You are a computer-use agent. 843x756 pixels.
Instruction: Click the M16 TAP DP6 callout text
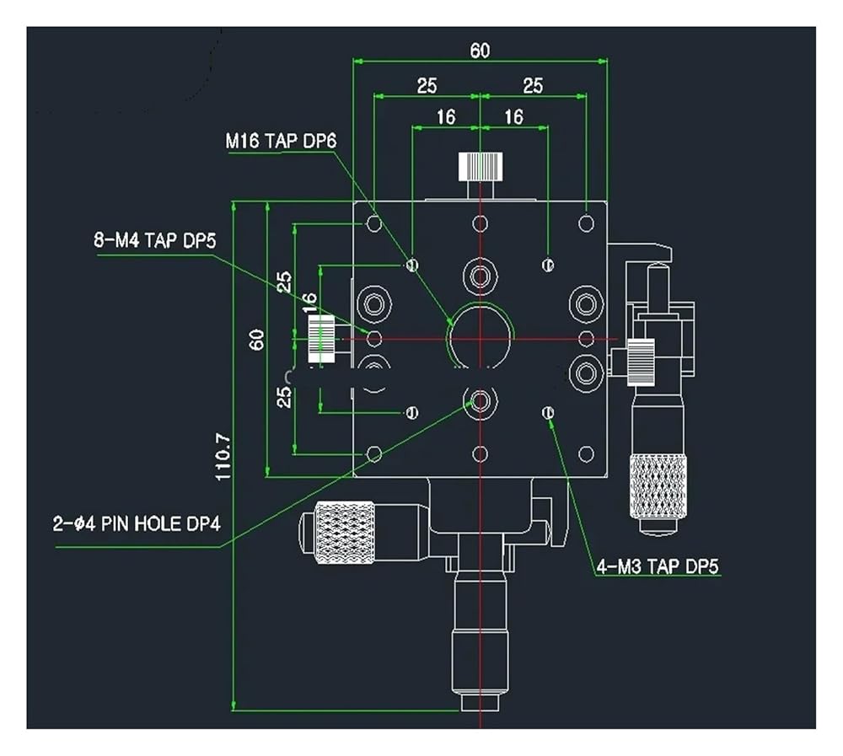[281, 142]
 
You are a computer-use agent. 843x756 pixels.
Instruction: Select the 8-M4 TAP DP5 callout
[155, 240]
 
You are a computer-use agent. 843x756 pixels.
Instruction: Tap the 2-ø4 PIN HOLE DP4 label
[137, 523]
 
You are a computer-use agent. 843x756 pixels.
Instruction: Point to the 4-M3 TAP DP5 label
[658, 566]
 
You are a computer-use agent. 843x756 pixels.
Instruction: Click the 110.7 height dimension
[223, 457]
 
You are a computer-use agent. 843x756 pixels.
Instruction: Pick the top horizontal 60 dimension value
[481, 51]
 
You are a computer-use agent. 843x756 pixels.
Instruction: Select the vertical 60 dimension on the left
[257, 340]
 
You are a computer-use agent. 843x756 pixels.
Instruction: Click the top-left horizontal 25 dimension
[427, 85]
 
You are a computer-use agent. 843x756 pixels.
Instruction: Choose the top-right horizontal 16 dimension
[514, 116]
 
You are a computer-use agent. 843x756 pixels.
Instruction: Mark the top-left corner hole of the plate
[374, 223]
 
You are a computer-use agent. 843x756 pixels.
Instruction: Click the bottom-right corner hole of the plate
[587, 453]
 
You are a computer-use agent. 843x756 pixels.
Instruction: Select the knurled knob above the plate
[481, 167]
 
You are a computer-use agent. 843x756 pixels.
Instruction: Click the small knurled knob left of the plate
[321, 340]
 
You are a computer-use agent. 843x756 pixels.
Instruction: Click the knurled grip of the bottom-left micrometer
[345, 533]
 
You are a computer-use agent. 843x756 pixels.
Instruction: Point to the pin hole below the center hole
[481, 400]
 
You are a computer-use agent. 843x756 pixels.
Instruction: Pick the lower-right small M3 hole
[549, 412]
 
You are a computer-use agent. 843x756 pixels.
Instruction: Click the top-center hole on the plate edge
[481, 223]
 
